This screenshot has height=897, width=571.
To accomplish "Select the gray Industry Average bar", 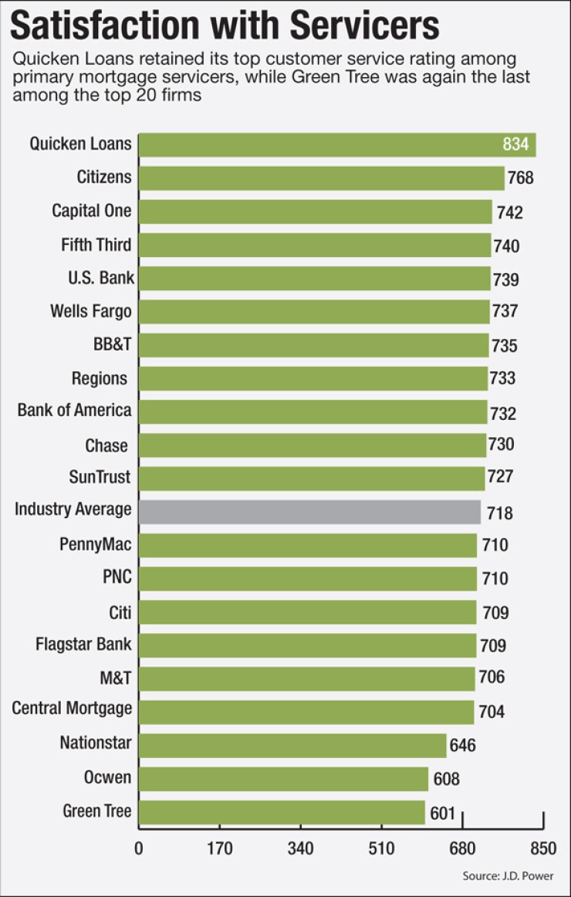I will (x=309, y=512).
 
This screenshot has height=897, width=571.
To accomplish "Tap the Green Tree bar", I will (x=282, y=812).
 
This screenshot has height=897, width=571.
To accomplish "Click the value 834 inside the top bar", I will (x=515, y=144).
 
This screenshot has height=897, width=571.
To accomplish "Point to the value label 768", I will (x=521, y=178).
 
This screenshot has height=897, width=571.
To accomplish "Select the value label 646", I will (x=462, y=745).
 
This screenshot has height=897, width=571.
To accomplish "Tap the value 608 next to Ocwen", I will (x=444, y=779).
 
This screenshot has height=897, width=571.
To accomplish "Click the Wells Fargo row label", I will (x=90, y=311).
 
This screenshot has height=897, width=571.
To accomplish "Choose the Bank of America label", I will (x=74, y=410).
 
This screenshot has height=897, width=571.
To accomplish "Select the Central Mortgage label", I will (x=72, y=708).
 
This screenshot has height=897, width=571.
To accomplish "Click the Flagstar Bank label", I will (x=83, y=643).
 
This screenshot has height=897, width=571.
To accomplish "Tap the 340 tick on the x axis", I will (x=300, y=848).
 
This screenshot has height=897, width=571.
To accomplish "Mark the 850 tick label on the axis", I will (x=543, y=848).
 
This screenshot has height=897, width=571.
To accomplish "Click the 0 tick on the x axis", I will (x=139, y=848).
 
